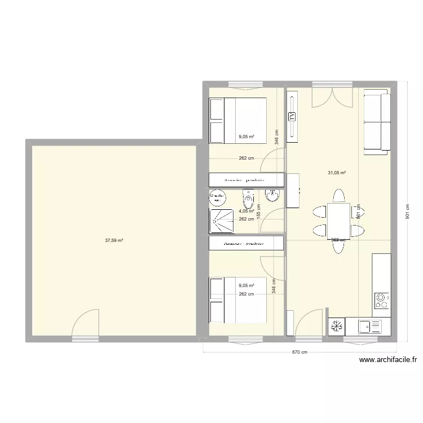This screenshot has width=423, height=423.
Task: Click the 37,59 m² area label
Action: pyautogui.click(x=114, y=240)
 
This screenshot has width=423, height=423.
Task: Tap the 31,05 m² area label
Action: pyautogui.click(x=337, y=173)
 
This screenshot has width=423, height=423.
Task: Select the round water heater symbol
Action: pyautogui.click(x=217, y=197)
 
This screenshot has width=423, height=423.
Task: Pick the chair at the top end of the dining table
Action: pyautogui.click(x=338, y=195)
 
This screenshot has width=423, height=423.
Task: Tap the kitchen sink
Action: pyautogui.click(x=369, y=326)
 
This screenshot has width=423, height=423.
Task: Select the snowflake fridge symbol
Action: pyautogui.click(x=336, y=326)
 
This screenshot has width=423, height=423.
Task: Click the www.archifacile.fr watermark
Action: pyautogui.click(x=387, y=359)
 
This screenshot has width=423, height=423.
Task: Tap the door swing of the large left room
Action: pyautogui.click(x=85, y=324)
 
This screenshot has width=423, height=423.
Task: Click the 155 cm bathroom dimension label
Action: pyautogui.click(x=258, y=210)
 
